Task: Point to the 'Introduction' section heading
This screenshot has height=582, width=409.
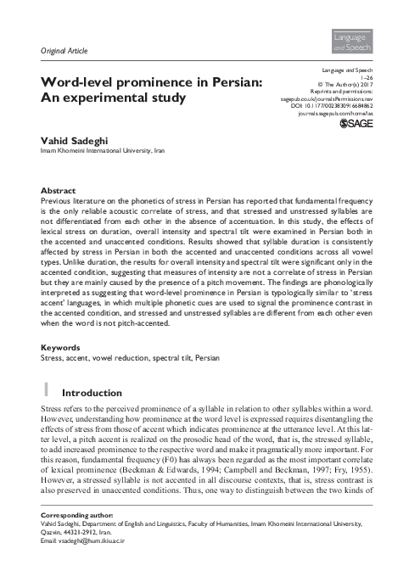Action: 93,394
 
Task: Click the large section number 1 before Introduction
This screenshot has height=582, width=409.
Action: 47,392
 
